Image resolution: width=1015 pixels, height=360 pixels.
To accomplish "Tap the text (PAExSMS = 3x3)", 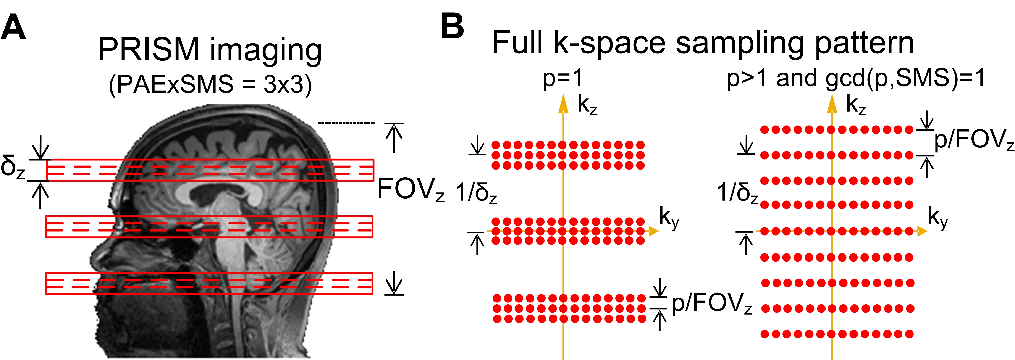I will pos(210,84).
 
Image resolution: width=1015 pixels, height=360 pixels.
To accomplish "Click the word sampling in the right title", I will pos(741,43).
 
